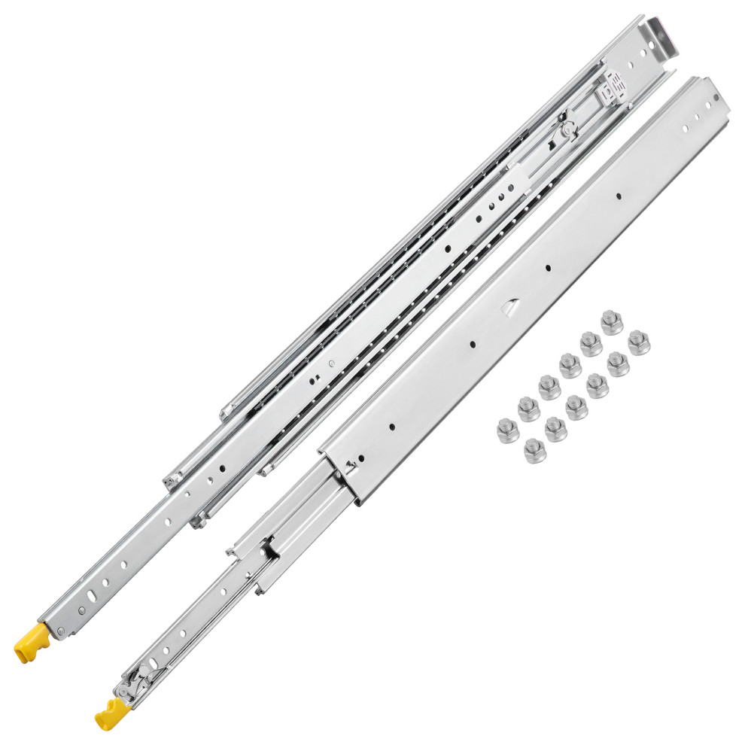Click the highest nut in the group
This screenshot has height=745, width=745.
pos(611,322)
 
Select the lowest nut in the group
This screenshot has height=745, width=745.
pos(535,452)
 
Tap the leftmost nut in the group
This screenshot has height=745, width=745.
pos(506,430)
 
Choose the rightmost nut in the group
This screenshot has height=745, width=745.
pos(639,342)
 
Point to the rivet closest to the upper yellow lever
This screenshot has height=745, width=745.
pos(54,626)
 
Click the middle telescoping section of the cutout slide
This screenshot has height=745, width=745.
pos(293,519)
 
